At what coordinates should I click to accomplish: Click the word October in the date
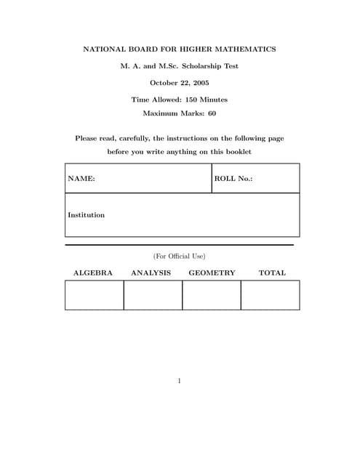click(164, 82)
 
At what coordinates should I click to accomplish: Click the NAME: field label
click(81, 178)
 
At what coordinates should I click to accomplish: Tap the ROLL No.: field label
click(233, 178)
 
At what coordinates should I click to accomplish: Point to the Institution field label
click(86, 215)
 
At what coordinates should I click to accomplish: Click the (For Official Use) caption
click(179, 256)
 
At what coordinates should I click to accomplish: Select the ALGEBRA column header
click(93, 273)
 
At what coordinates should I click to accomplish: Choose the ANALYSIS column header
click(151, 273)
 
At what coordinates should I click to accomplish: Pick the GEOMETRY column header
click(212, 273)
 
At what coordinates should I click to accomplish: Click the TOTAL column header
click(272, 273)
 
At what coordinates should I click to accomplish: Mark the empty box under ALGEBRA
click(95, 295)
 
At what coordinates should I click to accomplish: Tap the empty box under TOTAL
click(270, 295)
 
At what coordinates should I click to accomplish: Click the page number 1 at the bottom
click(179, 381)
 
